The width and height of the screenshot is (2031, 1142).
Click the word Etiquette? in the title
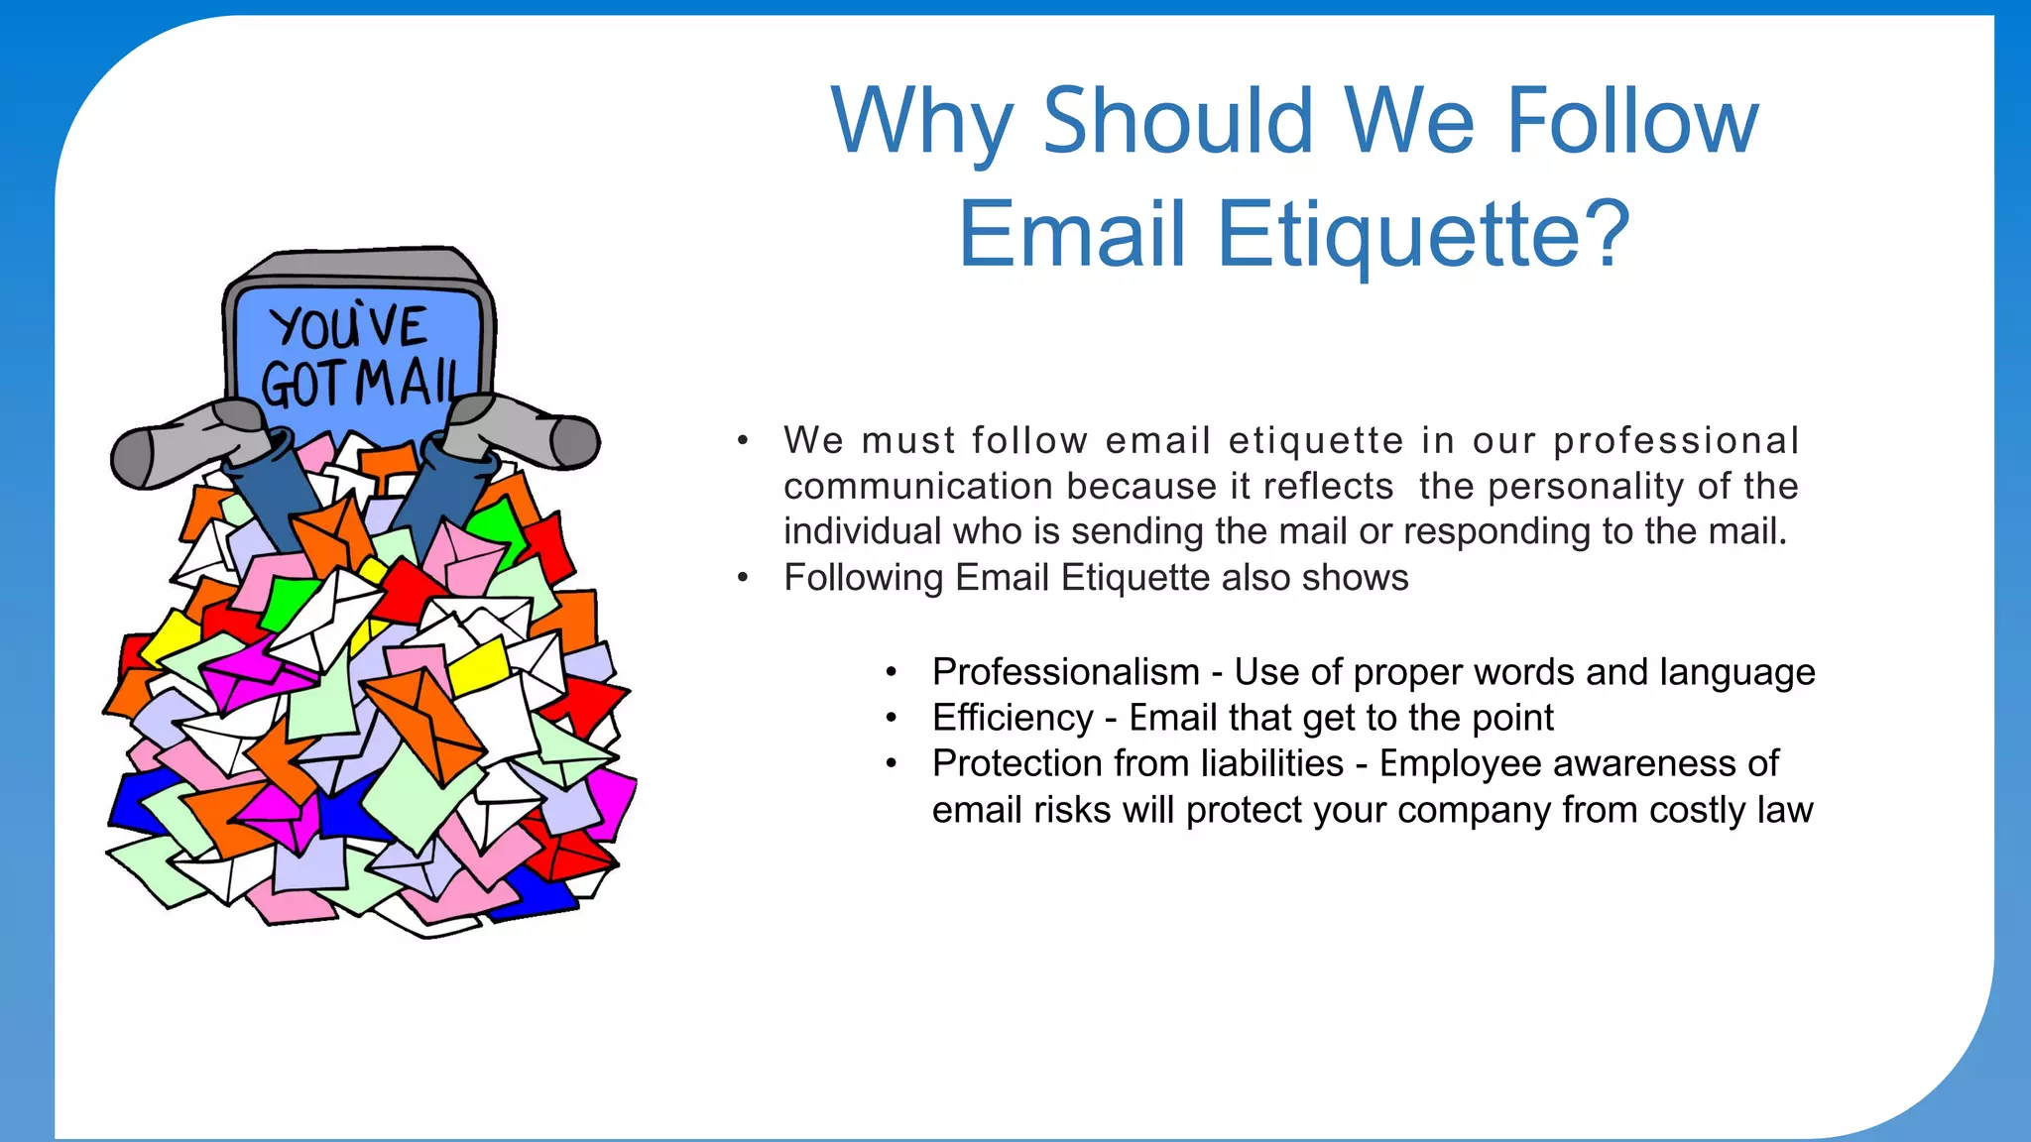(1422, 235)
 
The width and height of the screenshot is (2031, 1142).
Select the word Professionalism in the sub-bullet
(1065, 672)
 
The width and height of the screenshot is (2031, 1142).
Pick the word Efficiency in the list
(1013, 718)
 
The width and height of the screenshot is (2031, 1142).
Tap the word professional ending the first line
(1676, 441)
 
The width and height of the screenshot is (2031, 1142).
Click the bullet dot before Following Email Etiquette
(743, 578)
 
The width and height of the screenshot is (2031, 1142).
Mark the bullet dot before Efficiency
(892, 718)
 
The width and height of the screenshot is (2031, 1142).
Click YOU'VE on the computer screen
(348, 327)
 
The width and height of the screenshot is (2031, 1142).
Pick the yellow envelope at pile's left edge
(171, 638)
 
